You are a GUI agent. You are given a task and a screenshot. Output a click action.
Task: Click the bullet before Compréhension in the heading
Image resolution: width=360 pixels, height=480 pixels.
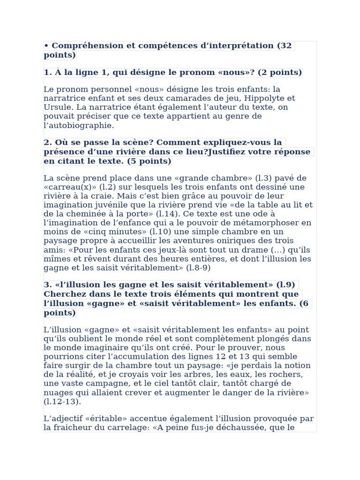tap(46, 46)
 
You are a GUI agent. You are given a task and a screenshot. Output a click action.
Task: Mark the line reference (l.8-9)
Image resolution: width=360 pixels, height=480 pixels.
tap(199, 268)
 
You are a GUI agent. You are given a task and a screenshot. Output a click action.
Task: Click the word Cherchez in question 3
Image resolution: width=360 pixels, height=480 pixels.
tap(67, 294)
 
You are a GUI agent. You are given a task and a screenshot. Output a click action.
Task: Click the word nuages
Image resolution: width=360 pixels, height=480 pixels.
tap(58, 392)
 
